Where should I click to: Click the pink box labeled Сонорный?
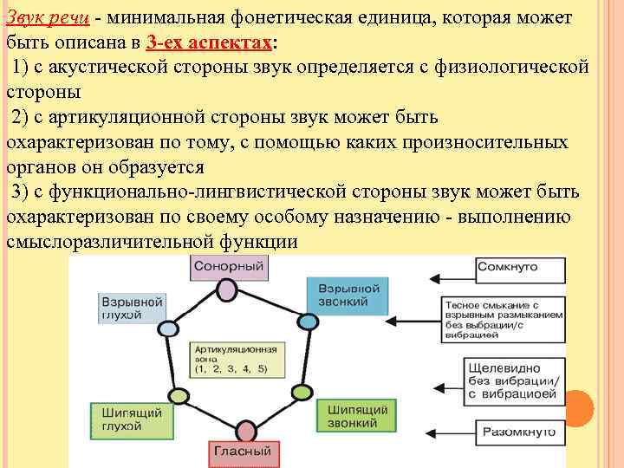pos(229,266)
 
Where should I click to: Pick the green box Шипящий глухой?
pos(122,419)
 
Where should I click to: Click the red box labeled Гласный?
pos(240,452)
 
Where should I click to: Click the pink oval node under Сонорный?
pos(228,290)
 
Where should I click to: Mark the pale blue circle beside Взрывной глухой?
pos(164,328)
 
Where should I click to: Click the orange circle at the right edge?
pos(579,406)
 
